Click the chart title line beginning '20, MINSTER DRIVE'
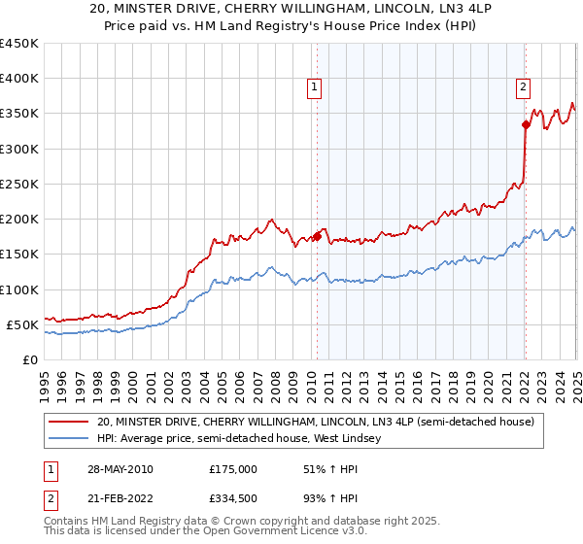(x=292, y=9)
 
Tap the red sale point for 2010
(x=317, y=236)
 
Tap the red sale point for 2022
(x=526, y=124)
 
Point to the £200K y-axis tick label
(x=19, y=220)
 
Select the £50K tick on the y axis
(x=23, y=324)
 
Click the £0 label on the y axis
(x=31, y=359)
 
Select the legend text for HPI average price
(x=239, y=439)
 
